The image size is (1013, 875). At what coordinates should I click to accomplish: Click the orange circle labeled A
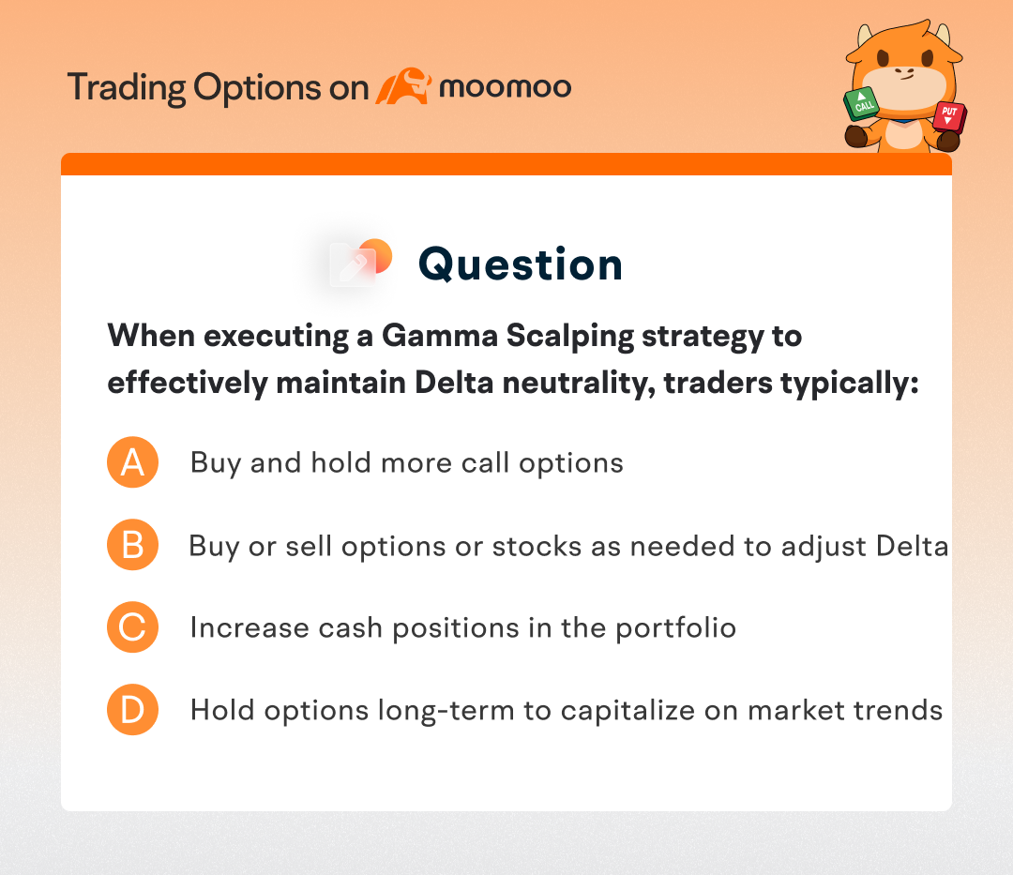coord(132,462)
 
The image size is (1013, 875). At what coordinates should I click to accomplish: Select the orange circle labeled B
coord(132,545)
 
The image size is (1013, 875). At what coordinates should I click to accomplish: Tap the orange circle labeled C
coord(132,627)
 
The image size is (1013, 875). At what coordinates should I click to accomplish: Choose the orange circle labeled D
coord(132,710)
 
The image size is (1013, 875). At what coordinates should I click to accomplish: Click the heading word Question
coord(520,264)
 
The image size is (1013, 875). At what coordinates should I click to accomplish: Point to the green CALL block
coord(862,103)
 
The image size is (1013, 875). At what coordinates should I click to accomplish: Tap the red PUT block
coord(949,116)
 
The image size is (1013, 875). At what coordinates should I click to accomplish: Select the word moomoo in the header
coord(506,87)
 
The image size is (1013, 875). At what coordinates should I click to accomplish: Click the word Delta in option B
coord(913,547)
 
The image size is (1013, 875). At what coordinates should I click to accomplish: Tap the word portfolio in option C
coord(675,628)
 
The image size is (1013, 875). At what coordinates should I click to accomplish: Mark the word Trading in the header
coord(127,88)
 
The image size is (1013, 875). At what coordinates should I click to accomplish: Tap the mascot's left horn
coord(865,36)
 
